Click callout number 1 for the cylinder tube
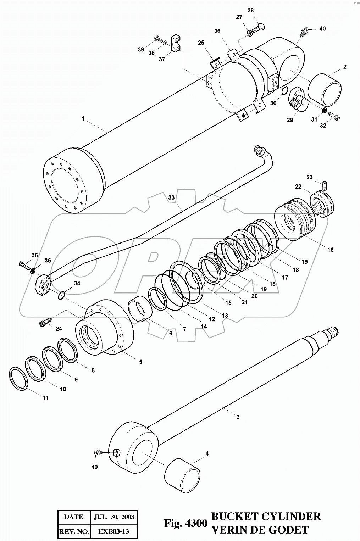click(x=83, y=118)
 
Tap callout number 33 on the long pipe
click(x=172, y=197)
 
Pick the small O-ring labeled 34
click(x=62, y=295)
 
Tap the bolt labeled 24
click(x=44, y=323)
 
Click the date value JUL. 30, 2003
click(x=114, y=517)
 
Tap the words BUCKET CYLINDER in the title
click(x=266, y=516)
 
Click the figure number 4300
click(x=195, y=523)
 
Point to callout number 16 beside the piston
click(x=330, y=250)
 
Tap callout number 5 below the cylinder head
click(x=140, y=362)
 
